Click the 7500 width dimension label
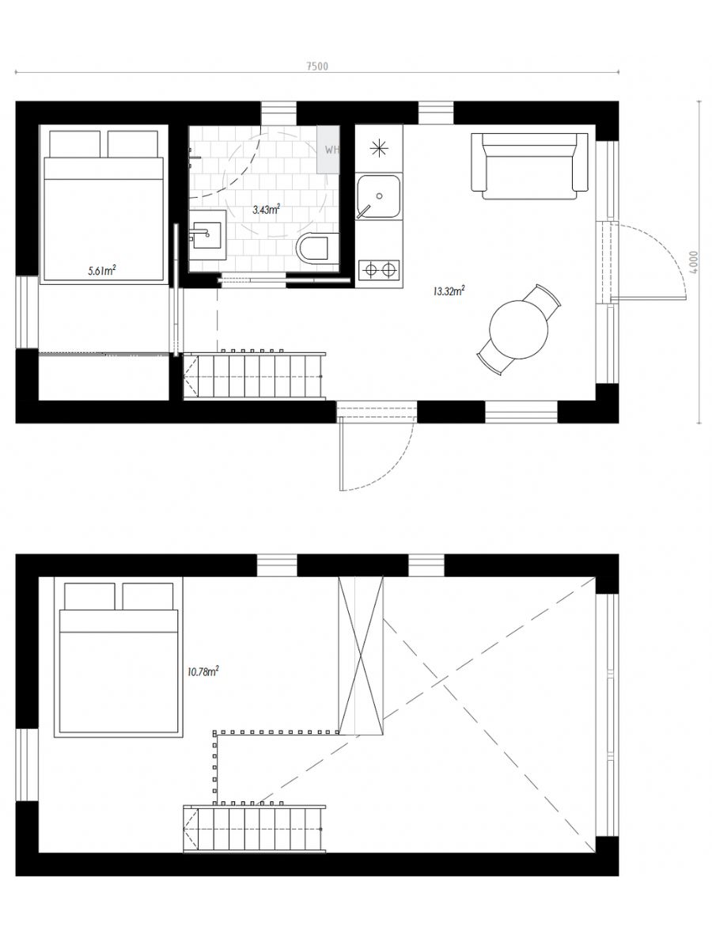click(317, 66)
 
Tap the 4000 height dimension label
click(694, 262)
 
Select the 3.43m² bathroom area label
click(267, 210)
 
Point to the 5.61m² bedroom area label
click(102, 271)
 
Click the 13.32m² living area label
click(449, 291)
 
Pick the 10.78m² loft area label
click(203, 671)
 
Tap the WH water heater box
click(328, 150)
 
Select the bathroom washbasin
click(207, 234)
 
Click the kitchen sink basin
click(378, 196)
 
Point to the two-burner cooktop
click(379, 270)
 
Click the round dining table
click(519, 329)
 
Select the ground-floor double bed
click(104, 207)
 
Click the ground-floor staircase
click(254, 376)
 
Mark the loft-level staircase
click(254, 828)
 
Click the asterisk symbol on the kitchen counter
click(379, 149)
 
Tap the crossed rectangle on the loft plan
click(361, 655)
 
